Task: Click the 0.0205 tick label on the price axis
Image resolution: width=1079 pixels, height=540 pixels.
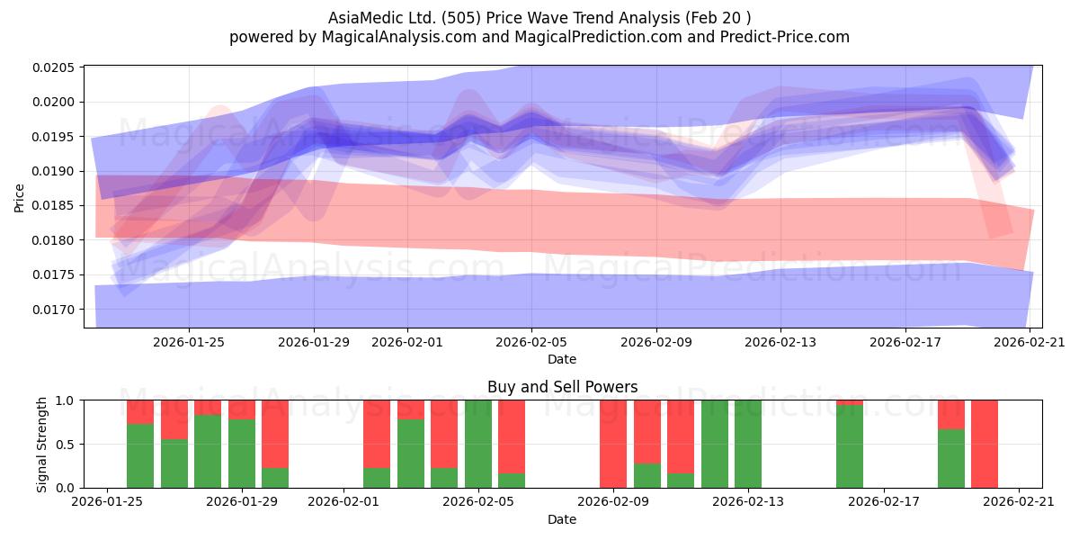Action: tap(53, 67)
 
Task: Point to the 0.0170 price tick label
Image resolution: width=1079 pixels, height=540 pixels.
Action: tap(53, 310)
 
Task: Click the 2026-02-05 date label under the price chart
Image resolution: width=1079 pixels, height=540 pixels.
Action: tap(531, 342)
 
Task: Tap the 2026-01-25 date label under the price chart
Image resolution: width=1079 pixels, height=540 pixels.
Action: tap(189, 342)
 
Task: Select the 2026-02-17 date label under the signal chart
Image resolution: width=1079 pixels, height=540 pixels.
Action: tap(884, 502)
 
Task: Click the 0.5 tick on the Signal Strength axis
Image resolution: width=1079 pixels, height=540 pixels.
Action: tap(65, 444)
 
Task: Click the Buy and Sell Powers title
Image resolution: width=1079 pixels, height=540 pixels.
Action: tap(563, 387)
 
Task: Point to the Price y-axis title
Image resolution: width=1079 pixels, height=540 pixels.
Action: tap(19, 198)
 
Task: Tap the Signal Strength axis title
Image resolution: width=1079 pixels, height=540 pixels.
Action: tap(41, 445)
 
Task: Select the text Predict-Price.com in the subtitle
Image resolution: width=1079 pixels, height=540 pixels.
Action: tap(785, 37)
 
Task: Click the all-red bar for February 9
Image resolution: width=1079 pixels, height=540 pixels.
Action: tap(613, 444)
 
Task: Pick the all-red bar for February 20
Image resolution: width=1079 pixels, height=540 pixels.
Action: tap(985, 444)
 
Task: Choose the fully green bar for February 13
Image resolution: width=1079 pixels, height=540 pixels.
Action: tap(748, 444)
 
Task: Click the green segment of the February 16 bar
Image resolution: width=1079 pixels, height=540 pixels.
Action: tap(850, 446)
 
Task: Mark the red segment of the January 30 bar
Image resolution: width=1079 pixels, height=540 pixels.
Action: tap(275, 434)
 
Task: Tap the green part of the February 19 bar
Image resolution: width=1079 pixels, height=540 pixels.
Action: tap(951, 458)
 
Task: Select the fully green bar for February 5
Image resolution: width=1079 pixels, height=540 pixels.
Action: tap(478, 444)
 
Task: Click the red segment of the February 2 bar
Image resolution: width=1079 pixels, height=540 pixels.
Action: tap(377, 434)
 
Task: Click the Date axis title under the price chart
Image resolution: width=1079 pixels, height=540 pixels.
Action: tap(562, 359)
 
